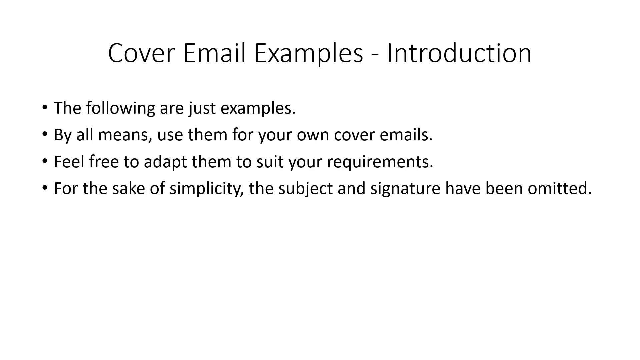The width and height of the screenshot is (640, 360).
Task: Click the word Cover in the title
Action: pos(141,53)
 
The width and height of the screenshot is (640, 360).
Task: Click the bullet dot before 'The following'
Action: pos(45,107)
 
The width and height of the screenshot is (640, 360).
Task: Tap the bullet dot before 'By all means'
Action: pos(45,134)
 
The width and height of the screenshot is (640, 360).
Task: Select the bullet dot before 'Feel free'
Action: pos(45,161)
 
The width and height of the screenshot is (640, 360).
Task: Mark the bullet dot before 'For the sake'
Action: pos(45,188)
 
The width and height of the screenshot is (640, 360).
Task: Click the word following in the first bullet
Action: pos(121,109)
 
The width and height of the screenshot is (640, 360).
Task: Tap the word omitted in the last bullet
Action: pos(560,188)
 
